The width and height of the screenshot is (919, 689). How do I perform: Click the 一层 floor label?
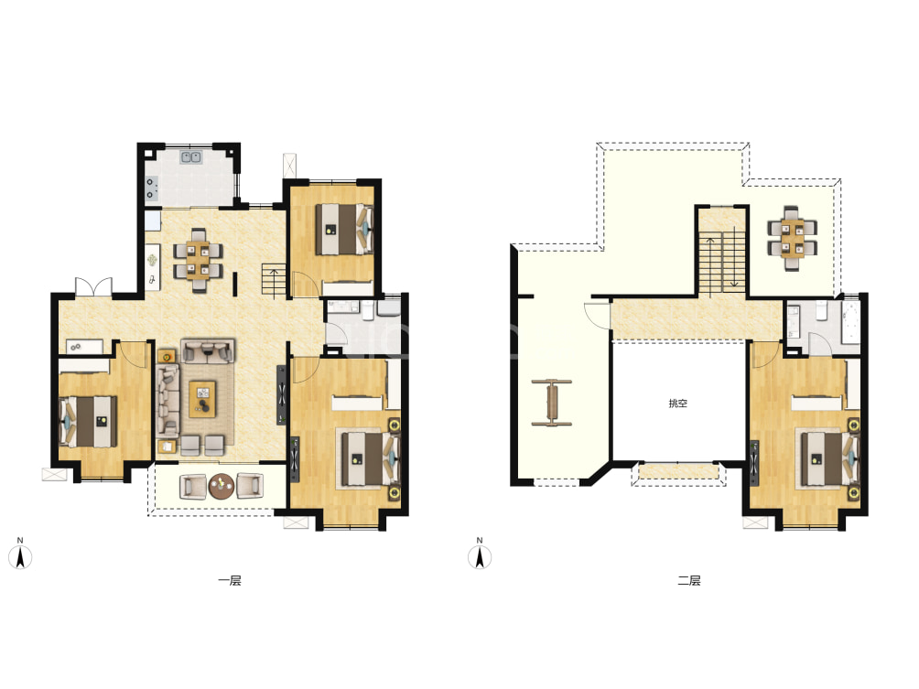[x=230, y=581]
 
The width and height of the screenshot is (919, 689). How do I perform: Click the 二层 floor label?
[x=689, y=581]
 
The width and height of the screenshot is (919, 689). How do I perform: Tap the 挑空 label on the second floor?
[x=678, y=404]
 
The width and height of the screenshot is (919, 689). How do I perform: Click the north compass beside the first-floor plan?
[x=20, y=554]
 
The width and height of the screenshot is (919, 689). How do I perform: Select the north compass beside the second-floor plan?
[x=480, y=554]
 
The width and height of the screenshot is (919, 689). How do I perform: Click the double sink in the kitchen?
[x=191, y=156]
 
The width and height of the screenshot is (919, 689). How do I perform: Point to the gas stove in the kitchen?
[x=151, y=188]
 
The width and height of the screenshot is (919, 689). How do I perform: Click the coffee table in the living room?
[x=203, y=399]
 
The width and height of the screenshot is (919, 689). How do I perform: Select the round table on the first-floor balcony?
[x=222, y=486]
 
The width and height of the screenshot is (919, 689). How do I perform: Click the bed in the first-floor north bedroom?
[x=344, y=229]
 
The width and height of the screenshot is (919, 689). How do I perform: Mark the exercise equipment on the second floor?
[x=552, y=403]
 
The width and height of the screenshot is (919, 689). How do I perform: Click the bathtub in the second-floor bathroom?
[x=849, y=324]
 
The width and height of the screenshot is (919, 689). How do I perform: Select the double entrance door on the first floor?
[x=93, y=286]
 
